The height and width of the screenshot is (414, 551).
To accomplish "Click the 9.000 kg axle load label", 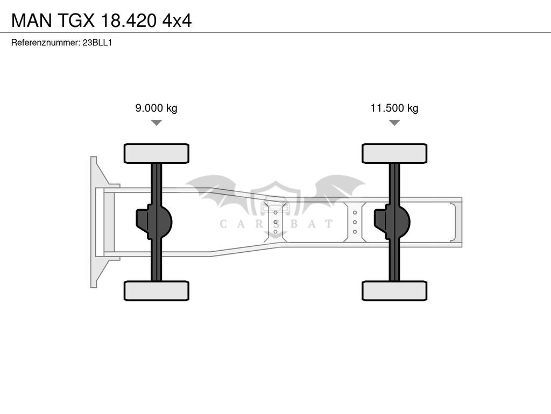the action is (157, 108).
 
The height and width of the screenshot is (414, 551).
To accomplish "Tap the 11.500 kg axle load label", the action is (394, 108).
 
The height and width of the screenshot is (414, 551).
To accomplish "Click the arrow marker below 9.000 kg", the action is (157, 122).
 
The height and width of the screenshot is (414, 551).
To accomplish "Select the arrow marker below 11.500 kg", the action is (394, 122).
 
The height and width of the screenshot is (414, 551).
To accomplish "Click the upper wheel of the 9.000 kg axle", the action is (157, 154).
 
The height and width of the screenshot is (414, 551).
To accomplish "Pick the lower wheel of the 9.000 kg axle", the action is (157, 291).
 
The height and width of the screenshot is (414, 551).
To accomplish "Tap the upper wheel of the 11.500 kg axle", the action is (394, 154).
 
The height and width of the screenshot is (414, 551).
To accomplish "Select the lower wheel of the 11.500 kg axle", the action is (394, 291).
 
